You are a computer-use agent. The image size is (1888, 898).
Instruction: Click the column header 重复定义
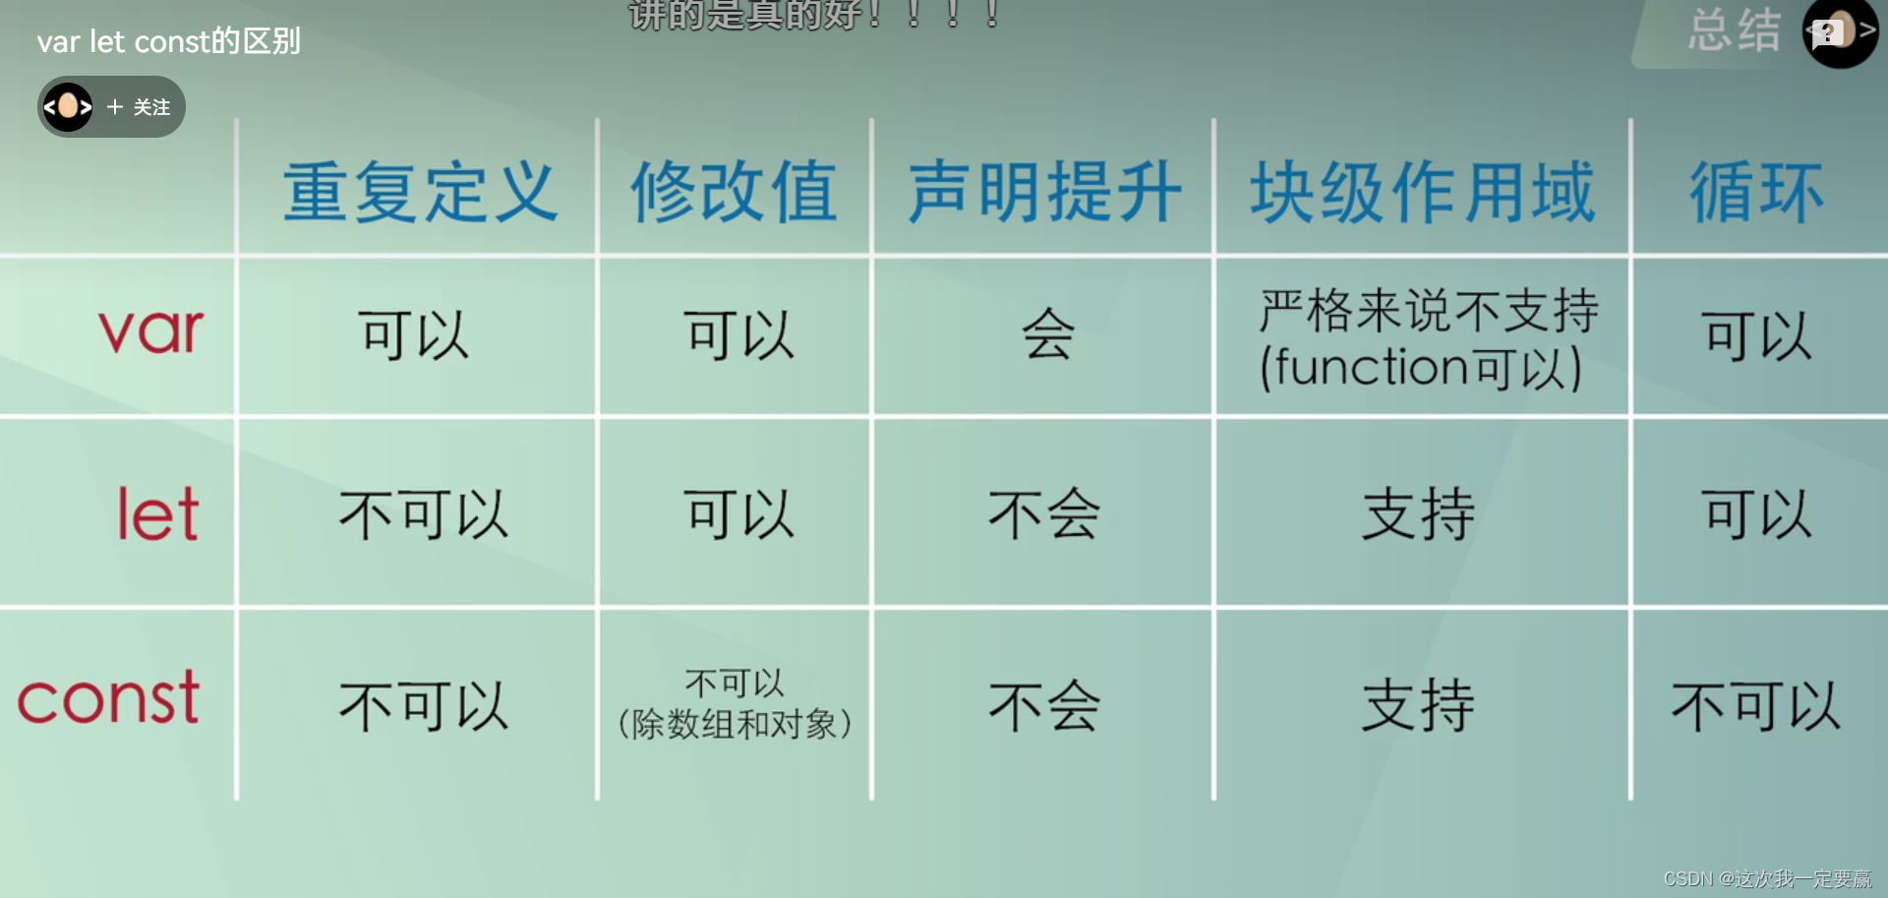[421, 192]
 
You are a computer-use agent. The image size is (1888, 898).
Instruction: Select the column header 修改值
[734, 192]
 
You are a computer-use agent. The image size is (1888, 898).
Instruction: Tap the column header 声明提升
[1044, 192]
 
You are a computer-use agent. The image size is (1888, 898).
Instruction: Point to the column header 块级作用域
[1422, 192]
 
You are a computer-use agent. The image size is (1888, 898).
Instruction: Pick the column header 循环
[1756, 192]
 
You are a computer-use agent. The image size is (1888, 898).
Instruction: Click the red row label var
[151, 330]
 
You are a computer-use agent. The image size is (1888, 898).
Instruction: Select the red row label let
[158, 512]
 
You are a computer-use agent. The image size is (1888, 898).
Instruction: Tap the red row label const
[108, 697]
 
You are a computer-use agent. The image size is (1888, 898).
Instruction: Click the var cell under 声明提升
[1047, 334]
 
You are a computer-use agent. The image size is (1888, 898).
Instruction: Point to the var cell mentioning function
[1428, 339]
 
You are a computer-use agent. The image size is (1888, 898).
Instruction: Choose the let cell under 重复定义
[424, 514]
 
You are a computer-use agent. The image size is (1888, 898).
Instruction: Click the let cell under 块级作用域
[1418, 513]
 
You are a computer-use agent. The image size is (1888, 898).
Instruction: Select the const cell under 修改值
[734, 703]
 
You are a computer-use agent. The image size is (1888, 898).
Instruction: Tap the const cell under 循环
[1756, 706]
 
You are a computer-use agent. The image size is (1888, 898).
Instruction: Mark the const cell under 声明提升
[1043, 706]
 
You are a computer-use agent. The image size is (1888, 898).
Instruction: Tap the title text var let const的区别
[168, 41]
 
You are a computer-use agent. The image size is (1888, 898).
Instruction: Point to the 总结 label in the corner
[1735, 30]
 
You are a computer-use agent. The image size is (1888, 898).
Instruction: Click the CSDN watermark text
[1767, 878]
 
